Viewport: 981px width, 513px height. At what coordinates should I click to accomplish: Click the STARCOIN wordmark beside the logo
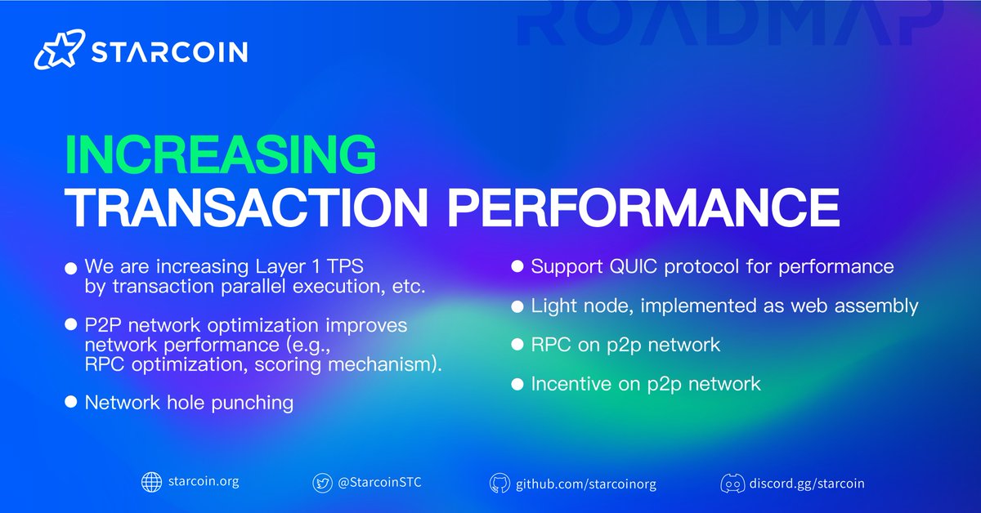[x=169, y=51]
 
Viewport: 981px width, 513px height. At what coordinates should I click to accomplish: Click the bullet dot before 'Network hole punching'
[x=70, y=403]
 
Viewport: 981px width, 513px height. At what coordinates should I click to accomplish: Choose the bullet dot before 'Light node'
[x=517, y=306]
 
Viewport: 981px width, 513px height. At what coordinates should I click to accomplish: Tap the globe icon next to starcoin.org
[x=152, y=482]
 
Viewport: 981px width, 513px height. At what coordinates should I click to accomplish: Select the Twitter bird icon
[x=323, y=483]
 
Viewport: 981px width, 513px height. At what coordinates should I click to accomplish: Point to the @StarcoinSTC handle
[x=379, y=483]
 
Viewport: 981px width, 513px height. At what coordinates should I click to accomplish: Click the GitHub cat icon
[x=499, y=483]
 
